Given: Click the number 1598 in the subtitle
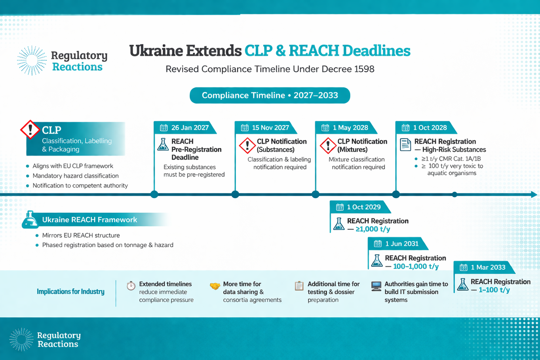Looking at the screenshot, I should pos(364,69).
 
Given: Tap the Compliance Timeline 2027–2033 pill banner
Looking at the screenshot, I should pos(270,95).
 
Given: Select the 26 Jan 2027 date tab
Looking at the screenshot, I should pos(185,128).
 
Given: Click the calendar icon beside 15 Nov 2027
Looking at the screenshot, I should pos(245,128).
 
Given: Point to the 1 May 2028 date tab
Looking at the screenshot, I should pos(346,128).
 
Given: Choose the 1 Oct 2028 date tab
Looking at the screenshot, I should pos(426,128).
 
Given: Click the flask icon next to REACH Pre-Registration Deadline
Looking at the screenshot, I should pos(163,144).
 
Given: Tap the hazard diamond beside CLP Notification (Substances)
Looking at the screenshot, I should pos(247,145).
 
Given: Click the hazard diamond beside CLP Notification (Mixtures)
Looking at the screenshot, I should pos(328,145).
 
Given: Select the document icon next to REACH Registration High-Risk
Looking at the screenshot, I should pos(405,144).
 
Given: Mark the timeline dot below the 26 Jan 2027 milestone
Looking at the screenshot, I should pos(154,194).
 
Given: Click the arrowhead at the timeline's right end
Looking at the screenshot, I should pos(534,194).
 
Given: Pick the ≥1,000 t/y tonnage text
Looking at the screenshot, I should pos(373,229).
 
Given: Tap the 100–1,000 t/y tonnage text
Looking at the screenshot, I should pos(416,266).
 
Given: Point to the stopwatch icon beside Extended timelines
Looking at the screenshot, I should pos(131,286).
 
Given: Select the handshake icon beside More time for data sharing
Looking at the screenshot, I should pos(215,286).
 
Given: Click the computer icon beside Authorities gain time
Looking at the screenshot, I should pos(376,286).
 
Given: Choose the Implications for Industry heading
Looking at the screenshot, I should pos(71,291).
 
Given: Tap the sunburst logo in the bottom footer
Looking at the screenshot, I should pos(21,339).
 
